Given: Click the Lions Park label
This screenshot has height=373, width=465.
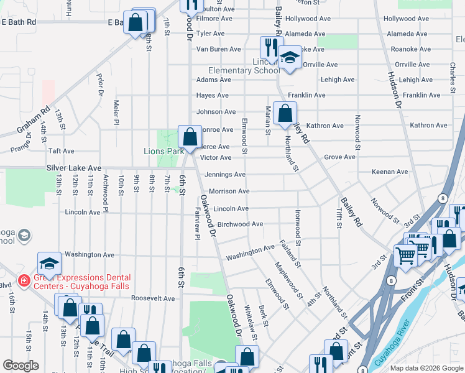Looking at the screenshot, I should (163, 151).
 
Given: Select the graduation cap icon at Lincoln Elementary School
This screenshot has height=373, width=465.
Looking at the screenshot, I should (289, 58).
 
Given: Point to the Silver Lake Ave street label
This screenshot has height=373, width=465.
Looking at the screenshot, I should (73, 168).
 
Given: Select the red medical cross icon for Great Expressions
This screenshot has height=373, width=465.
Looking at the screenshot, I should (24, 281).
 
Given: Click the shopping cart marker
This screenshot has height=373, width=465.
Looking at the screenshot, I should (405, 254).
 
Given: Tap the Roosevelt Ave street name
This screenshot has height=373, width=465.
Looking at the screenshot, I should (153, 298).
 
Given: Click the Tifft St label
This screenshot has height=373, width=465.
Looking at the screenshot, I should (339, 218).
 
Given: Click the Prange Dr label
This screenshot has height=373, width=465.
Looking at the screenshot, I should (21, 147).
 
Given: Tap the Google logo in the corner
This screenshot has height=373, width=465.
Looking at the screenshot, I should (21, 366).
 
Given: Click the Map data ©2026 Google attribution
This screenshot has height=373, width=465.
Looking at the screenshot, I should (426, 368).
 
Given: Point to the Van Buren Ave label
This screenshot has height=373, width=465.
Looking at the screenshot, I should (218, 49).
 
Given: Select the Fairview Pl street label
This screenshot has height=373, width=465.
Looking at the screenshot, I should (197, 219).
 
